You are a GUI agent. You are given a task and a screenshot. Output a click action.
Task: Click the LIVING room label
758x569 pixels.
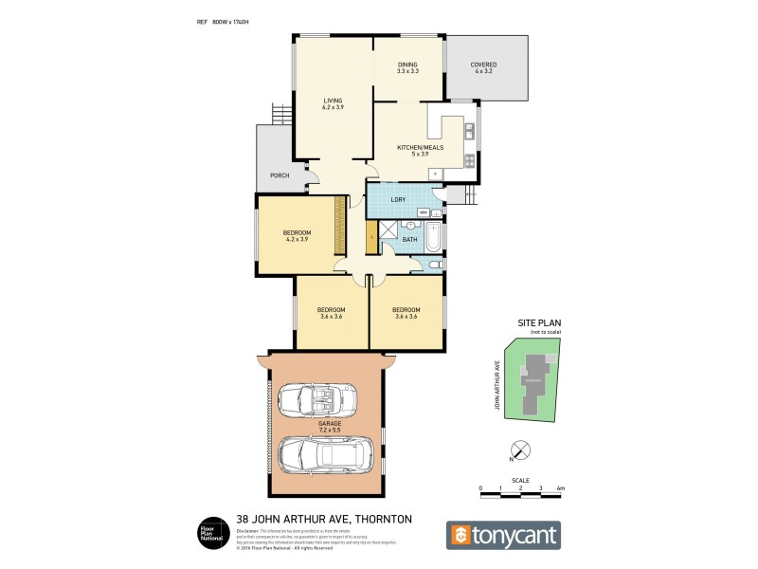click(x=332, y=104)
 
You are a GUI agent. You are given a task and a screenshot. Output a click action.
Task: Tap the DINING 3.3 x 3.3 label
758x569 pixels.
click(x=407, y=67)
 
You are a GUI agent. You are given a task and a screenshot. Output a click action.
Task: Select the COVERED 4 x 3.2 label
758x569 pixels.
click(x=484, y=67)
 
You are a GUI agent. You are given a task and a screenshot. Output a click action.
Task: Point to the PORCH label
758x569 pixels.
click(x=280, y=175)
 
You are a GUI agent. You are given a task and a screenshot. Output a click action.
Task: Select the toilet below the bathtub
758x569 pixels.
click(x=428, y=265)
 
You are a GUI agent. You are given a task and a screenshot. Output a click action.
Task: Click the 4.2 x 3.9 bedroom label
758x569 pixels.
click(x=297, y=236)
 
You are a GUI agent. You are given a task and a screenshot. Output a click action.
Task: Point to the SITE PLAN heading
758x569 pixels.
click(x=532, y=323)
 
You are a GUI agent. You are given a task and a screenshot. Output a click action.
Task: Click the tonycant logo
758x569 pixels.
click(x=503, y=535)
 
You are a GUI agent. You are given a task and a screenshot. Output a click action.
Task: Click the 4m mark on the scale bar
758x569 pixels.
click(x=560, y=487)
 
